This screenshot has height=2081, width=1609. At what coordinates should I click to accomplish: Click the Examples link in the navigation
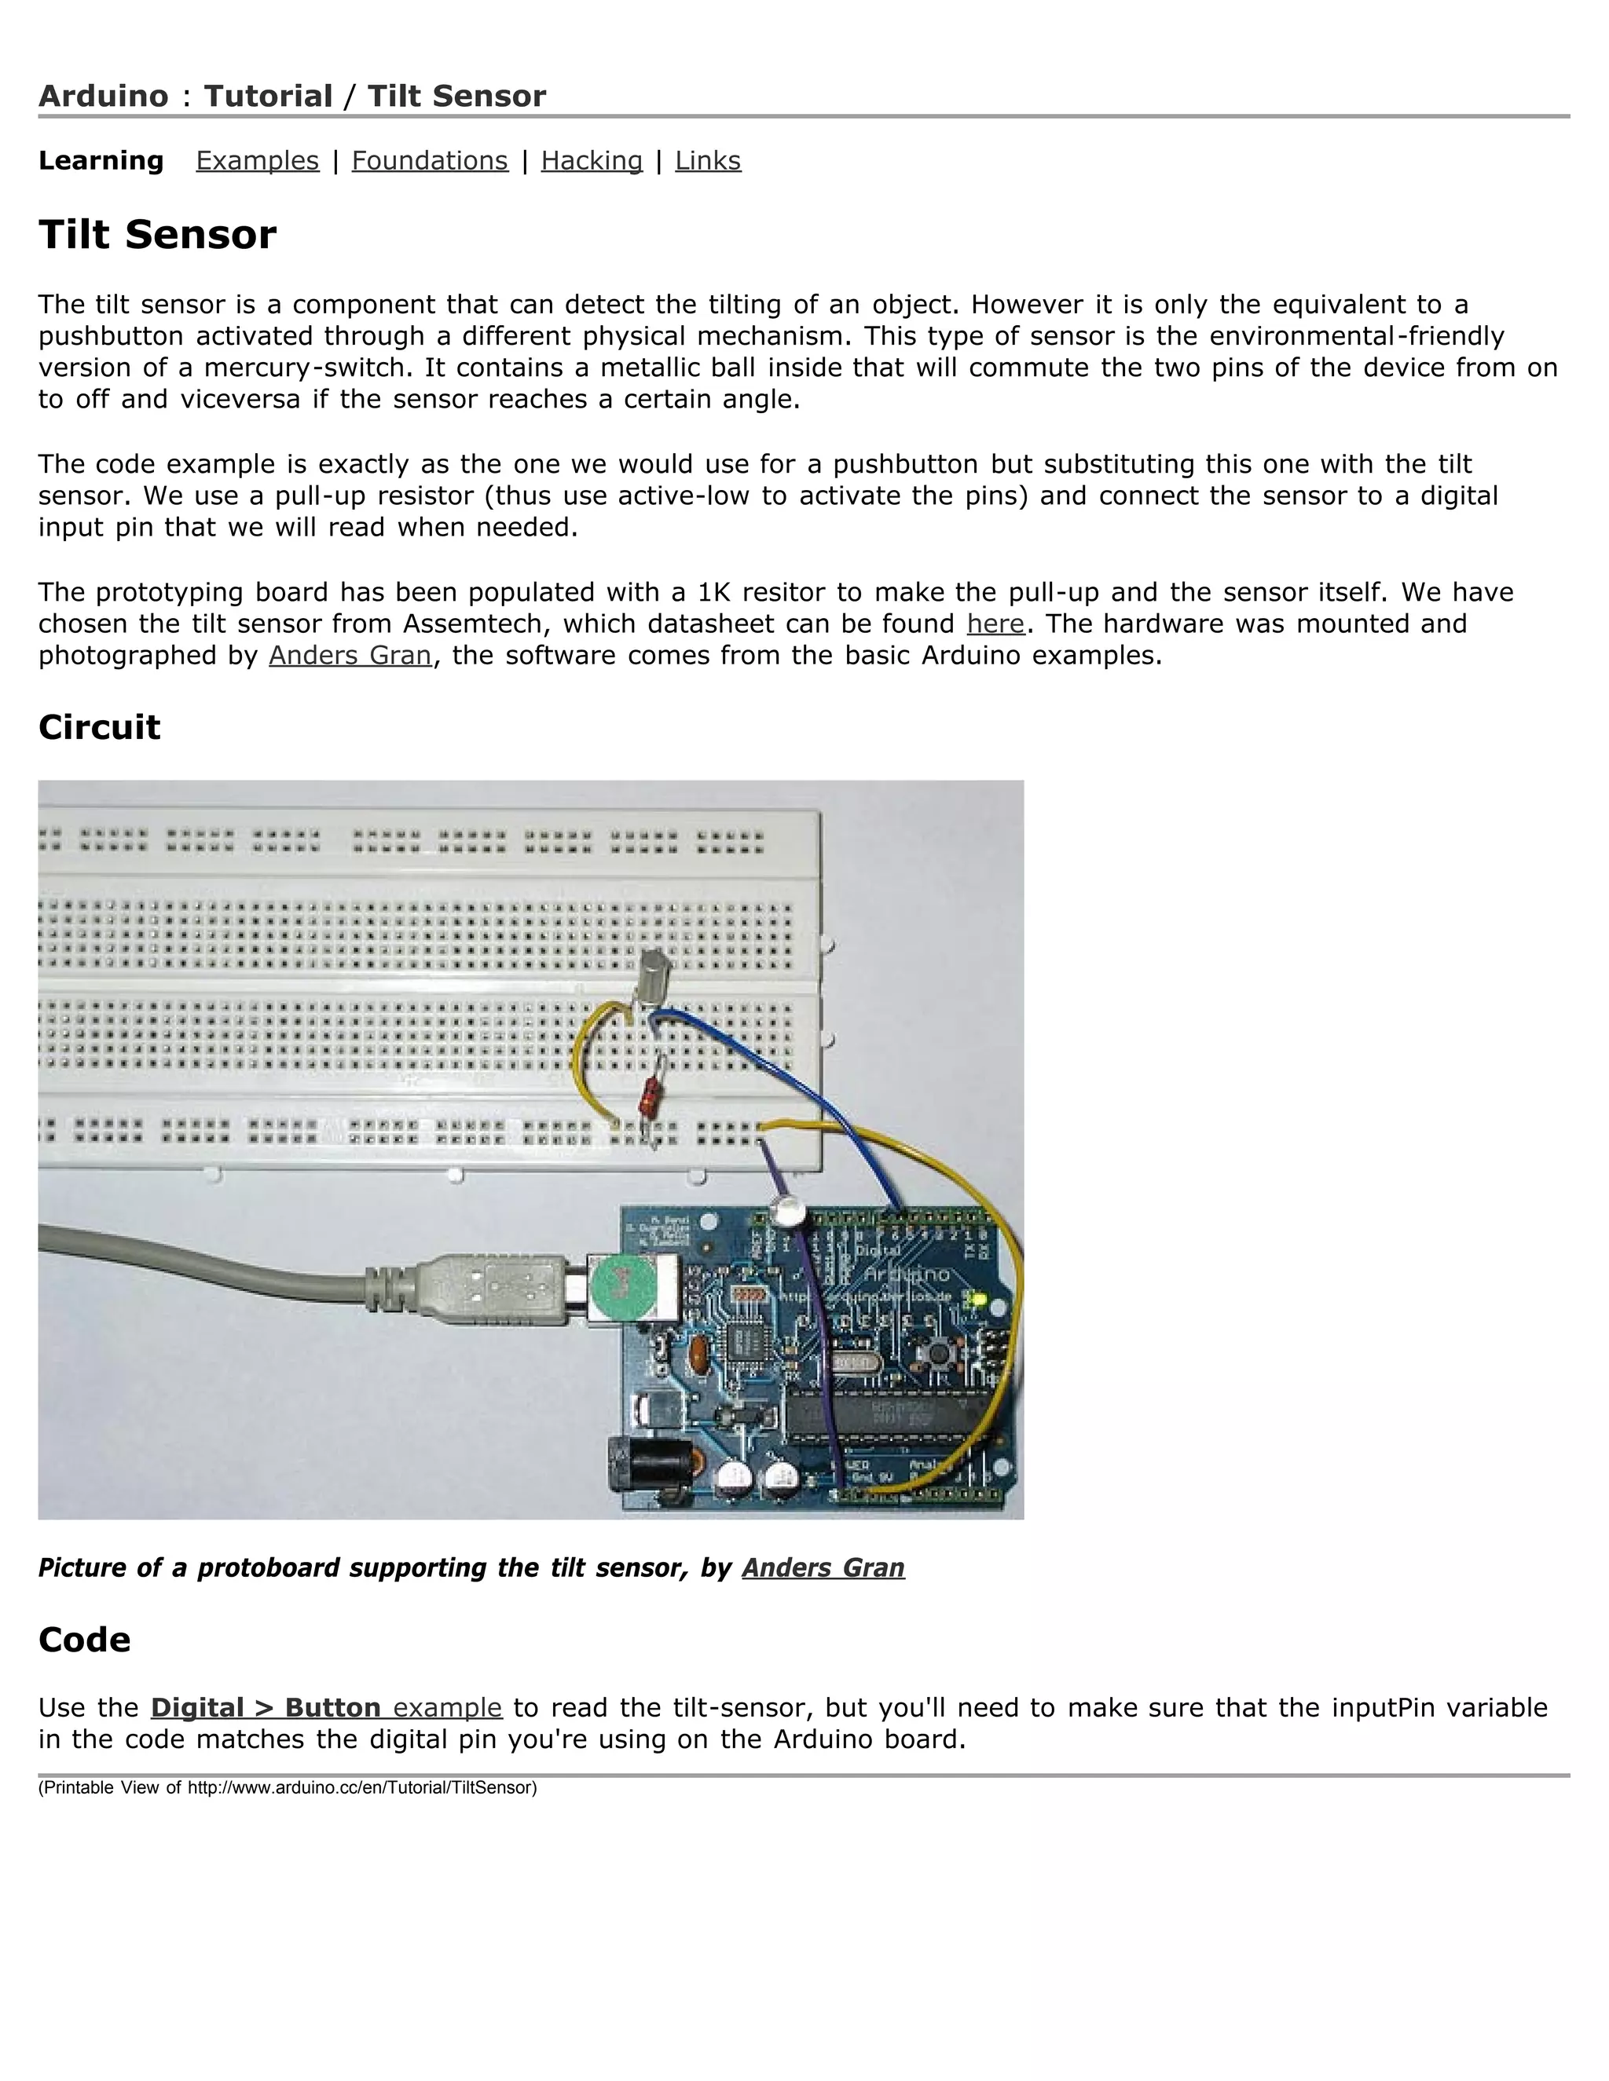click(x=258, y=160)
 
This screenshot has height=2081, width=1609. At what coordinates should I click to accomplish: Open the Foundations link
click(x=430, y=160)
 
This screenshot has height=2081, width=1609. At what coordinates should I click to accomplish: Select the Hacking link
click(x=591, y=160)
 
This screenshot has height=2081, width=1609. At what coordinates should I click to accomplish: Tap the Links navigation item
click(x=707, y=160)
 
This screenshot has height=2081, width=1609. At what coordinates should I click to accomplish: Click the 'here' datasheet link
click(x=995, y=624)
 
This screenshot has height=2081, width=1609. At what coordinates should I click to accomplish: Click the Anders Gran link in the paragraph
click(x=350, y=656)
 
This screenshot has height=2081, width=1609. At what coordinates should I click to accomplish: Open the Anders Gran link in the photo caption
click(x=823, y=1567)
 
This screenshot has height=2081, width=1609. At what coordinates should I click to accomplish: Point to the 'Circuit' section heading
click(x=99, y=727)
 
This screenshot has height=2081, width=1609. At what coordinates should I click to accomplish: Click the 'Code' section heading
click(x=84, y=1640)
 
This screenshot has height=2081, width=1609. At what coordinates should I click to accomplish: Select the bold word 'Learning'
click(x=101, y=160)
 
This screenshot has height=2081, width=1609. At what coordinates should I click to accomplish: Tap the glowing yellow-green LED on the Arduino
click(x=975, y=1299)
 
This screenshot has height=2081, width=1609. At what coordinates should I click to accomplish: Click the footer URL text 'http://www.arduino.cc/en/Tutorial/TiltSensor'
click(x=362, y=1787)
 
